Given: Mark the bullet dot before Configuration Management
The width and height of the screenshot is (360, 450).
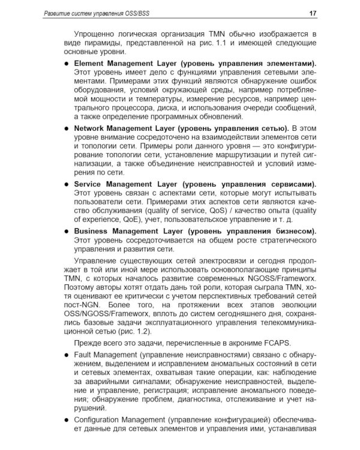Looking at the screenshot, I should click(66, 423).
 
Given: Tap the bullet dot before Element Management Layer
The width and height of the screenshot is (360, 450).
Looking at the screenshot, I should click(66, 63).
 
